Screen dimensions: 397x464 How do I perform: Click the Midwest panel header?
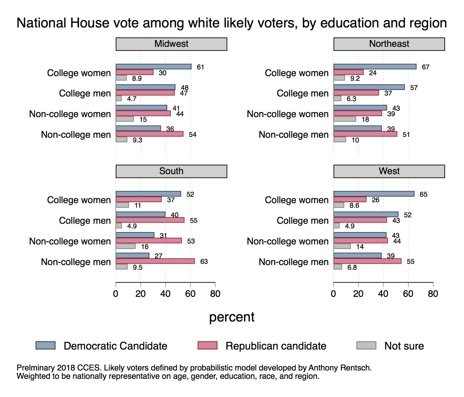click(x=171, y=44)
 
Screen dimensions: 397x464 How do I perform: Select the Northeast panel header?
click(x=389, y=44)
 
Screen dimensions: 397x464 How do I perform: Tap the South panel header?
click(x=171, y=171)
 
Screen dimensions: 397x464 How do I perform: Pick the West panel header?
click(x=389, y=171)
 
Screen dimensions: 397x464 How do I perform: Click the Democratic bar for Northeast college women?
click(x=375, y=67)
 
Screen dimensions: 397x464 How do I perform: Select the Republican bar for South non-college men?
click(x=155, y=261)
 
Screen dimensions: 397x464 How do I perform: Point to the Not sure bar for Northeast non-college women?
click(x=345, y=119)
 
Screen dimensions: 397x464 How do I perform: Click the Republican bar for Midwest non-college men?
click(x=150, y=134)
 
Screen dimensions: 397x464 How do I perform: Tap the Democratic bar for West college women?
click(x=374, y=194)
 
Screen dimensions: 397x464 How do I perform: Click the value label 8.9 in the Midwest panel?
click(x=137, y=79)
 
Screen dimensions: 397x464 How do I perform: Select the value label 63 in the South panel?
click(x=204, y=262)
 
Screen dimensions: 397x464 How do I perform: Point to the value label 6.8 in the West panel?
click(x=352, y=268)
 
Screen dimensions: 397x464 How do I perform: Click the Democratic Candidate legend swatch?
click(x=45, y=346)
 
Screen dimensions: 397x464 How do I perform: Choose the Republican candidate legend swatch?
click(x=207, y=346)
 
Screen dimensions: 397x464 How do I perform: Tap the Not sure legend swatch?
click(x=366, y=346)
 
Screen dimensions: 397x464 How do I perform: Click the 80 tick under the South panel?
click(x=215, y=294)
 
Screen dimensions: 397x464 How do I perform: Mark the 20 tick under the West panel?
click(x=358, y=294)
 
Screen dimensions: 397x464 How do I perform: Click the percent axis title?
click(x=232, y=317)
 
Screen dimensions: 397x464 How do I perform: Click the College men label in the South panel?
click(x=85, y=221)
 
